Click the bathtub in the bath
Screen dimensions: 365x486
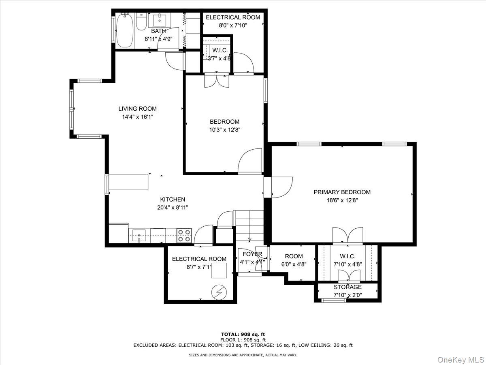pyautogui.click(x=125, y=31)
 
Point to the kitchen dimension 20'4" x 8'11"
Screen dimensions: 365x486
pyautogui.click(x=173, y=207)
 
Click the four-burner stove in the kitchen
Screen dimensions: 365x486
pyautogui.click(x=185, y=236)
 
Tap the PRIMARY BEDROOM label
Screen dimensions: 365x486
pyautogui.click(x=342, y=192)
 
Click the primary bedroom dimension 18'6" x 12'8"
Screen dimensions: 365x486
pyautogui.click(x=342, y=200)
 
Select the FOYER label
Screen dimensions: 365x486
pyautogui.click(x=252, y=254)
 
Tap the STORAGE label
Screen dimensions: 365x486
pyautogui.click(x=347, y=287)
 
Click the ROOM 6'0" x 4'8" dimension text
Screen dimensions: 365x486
pyautogui.click(x=294, y=264)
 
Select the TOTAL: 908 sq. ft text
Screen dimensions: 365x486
pyautogui.click(x=243, y=334)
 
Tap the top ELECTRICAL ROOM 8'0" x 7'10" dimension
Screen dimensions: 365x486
pyautogui.click(x=227, y=25)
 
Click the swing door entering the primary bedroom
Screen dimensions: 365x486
pyautogui.click(x=281, y=187)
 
